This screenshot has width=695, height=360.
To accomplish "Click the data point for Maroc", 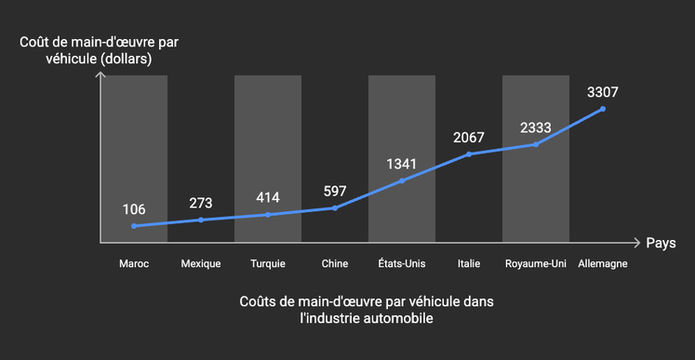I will click(x=134, y=226).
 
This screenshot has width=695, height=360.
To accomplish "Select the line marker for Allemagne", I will click(x=603, y=109).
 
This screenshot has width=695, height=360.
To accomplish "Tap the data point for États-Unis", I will click(x=402, y=180).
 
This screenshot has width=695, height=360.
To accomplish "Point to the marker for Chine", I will click(x=335, y=207).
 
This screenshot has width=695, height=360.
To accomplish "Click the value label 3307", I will click(x=603, y=92).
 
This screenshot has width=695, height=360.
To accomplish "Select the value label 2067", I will click(x=469, y=138).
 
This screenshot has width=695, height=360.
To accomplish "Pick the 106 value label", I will click(x=134, y=209).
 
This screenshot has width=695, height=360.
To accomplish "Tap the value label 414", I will click(x=268, y=197).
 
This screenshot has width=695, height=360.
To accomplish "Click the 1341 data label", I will click(x=402, y=165).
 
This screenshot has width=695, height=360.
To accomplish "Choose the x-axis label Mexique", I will click(x=201, y=264).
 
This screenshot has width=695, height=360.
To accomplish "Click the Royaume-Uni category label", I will click(x=536, y=264).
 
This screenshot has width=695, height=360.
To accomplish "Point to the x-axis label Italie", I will click(x=469, y=264).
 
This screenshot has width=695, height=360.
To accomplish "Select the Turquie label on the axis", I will click(x=268, y=264).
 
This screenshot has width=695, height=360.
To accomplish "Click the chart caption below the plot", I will click(x=347, y=310).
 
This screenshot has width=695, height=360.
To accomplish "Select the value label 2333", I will click(x=536, y=127).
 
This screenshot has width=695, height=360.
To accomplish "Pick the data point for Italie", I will click(x=469, y=153).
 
